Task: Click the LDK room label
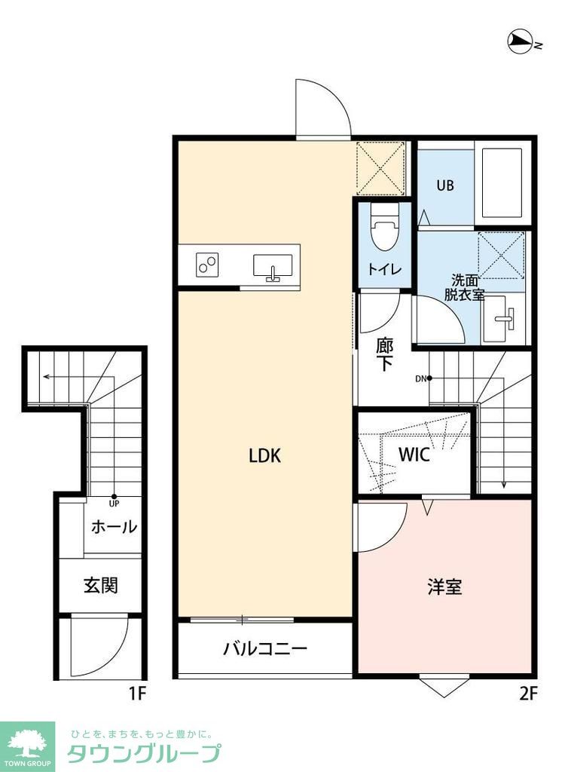click(x=264, y=456)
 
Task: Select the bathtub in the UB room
click(x=502, y=182)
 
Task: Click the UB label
click(x=445, y=185)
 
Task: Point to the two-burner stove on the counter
click(x=206, y=265)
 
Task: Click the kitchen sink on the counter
click(x=273, y=267)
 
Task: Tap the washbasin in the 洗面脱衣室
click(x=499, y=319)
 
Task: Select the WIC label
click(x=414, y=455)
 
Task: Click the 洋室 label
click(x=444, y=587)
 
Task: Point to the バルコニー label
click(x=264, y=648)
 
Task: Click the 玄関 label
click(x=100, y=584)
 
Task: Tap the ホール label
click(x=114, y=526)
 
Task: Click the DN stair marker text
click(x=420, y=378)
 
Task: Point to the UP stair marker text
click(x=115, y=503)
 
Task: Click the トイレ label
click(x=384, y=269)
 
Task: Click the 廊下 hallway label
click(x=384, y=354)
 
